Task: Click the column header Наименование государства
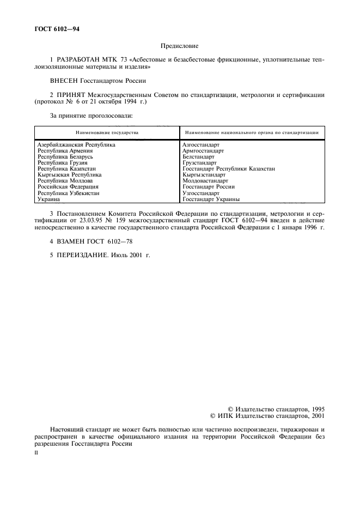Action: [107, 132]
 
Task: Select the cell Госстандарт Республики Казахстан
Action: [229, 169]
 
